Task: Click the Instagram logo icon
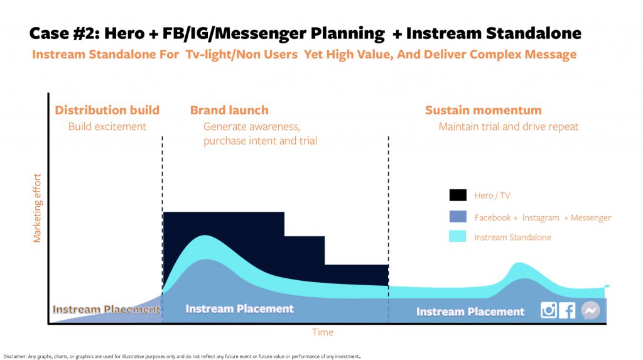pos(548,310)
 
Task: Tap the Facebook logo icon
pos(567,311)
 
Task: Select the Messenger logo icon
pos(590,311)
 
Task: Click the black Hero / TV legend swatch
pos(458,195)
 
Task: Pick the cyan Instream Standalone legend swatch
pos(458,236)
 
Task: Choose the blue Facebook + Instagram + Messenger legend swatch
pos(458,216)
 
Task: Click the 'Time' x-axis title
pos(323,332)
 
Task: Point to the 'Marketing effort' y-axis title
pos(37,208)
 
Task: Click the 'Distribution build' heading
pos(107,110)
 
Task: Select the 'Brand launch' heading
pos(229,110)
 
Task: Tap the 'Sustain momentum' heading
pos(483,110)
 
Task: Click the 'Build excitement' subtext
pos(107,126)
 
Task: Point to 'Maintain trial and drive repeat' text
pos(509,126)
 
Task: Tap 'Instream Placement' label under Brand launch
pos(239,308)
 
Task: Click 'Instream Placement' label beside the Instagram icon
pos(470,312)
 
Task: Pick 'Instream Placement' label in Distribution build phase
pos(106,309)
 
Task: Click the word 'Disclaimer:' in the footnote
pos(14,357)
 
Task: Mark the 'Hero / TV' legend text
pos(492,195)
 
